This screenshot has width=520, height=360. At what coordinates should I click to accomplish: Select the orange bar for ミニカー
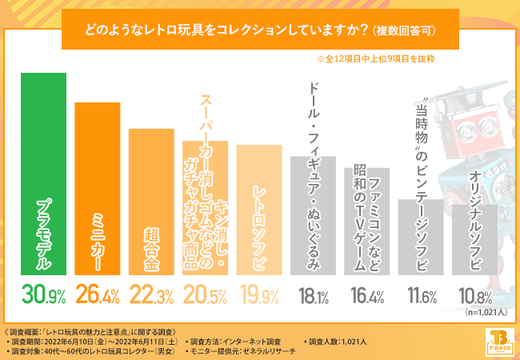[97, 188]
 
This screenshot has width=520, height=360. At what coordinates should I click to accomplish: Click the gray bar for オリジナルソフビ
[475, 239]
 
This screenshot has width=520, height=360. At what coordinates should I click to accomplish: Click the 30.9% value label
[43, 297]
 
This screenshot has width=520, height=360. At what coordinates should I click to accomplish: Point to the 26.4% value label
[97, 297]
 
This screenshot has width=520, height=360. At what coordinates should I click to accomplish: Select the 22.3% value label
[151, 297]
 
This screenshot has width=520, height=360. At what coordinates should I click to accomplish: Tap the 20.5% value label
[205, 297]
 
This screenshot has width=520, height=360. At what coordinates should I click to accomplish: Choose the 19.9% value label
[259, 297]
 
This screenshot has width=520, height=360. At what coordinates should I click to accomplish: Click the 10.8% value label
[474, 297]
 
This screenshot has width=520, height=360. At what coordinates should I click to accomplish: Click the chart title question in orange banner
[260, 30]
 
